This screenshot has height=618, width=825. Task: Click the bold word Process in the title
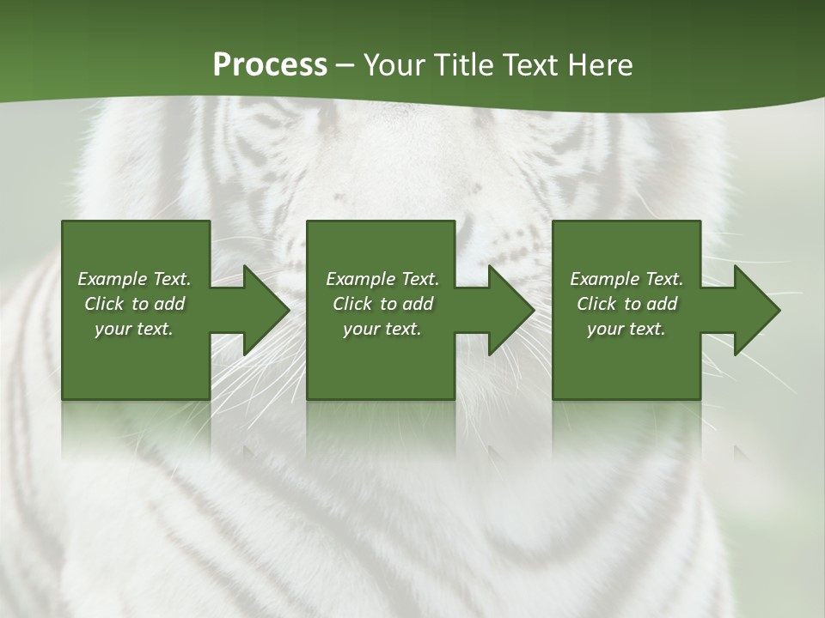pyautogui.click(x=270, y=65)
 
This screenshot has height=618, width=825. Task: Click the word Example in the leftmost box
pyautogui.click(x=113, y=279)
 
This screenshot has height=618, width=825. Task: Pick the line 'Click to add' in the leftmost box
pyautogui.click(x=134, y=304)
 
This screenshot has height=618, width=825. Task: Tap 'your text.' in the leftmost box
pyautogui.click(x=134, y=329)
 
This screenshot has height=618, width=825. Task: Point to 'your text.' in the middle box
pyautogui.click(x=382, y=329)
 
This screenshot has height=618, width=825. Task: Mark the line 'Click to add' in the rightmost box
pyautogui.click(x=627, y=304)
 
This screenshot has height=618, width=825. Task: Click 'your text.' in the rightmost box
pyautogui.click(x=626, y=329)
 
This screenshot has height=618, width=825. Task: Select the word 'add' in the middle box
pyautogui.click(x=418, y=304)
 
